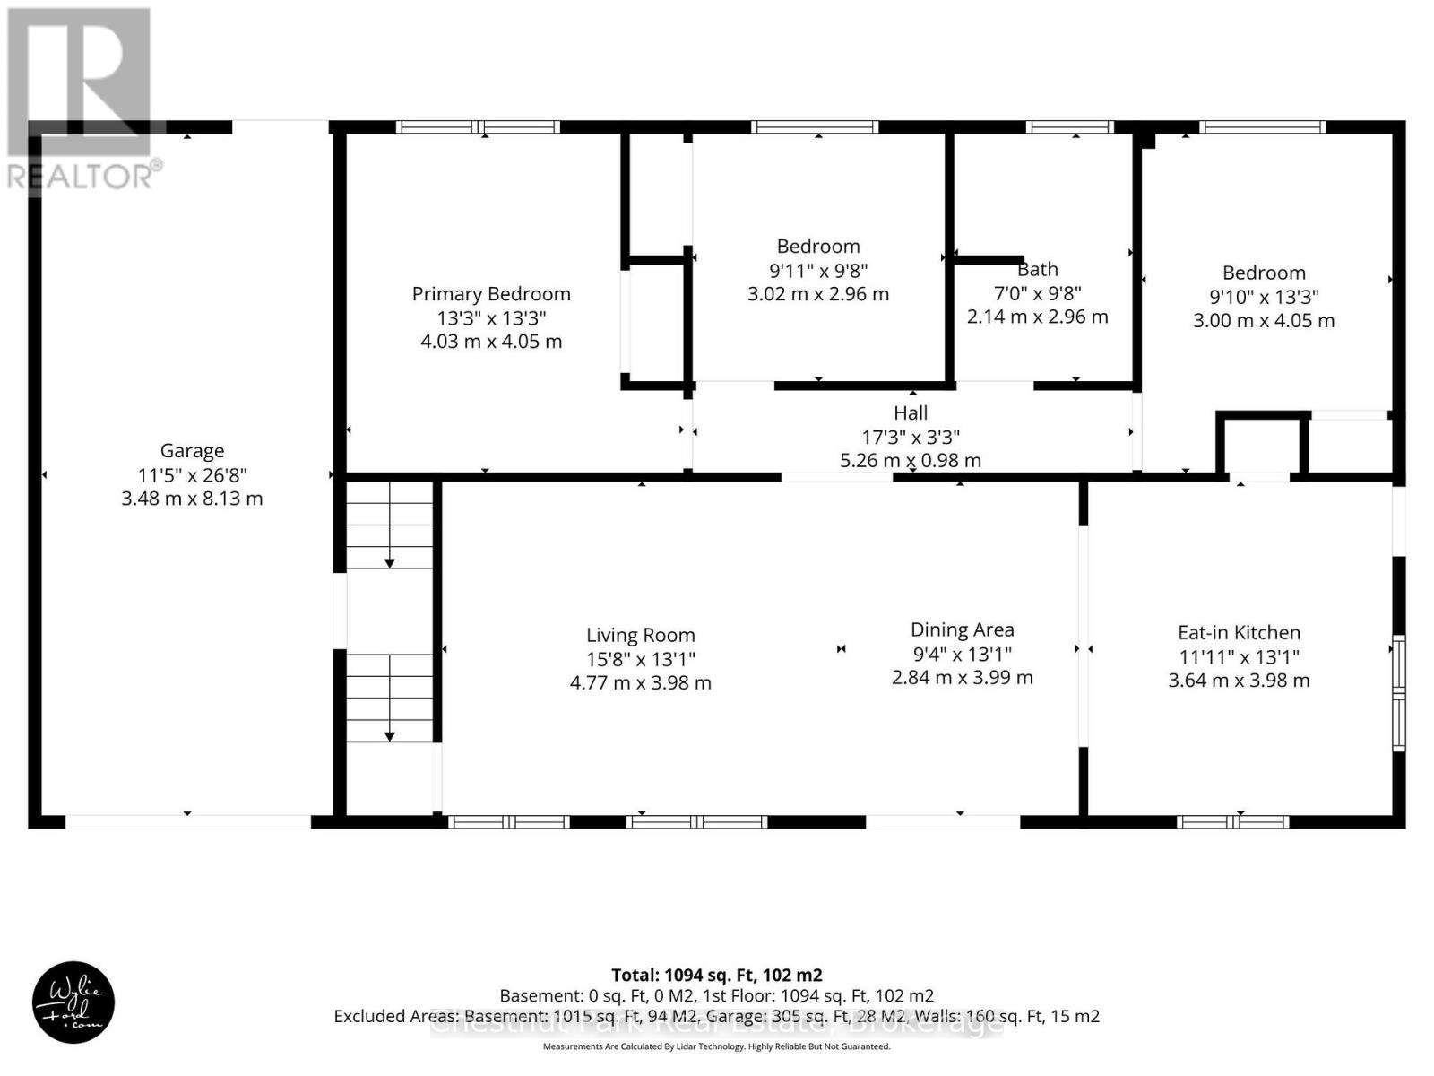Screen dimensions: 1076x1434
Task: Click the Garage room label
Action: coord(192,451)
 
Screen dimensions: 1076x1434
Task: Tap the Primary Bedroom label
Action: coord(491,294)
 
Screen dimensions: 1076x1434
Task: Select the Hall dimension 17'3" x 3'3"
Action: coord(911,437)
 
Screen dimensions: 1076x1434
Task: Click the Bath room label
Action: coord(1037,269)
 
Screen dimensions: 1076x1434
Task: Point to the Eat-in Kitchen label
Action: coord(1239,632)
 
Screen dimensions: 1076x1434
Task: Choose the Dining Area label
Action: coord(962,629)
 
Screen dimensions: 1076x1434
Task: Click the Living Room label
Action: coord(640,635)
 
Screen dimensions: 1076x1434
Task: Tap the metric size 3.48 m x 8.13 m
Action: coord(192,499)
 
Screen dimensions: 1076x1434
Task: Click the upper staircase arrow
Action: coord(390,561)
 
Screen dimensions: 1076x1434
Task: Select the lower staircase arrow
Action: coord(390,734)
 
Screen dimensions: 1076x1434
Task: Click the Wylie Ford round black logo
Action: coord(73,1002)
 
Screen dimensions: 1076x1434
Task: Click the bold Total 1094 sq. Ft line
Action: coord(716,975)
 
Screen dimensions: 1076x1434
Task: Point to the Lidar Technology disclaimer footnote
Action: coord(716,1046)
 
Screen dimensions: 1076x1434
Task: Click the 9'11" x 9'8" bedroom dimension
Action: coord(818,270)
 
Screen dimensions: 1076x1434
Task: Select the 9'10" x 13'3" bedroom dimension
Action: coord(1264,297)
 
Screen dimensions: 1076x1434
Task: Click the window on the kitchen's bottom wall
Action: coord(1233,821)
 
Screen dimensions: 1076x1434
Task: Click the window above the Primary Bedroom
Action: coord(479,127)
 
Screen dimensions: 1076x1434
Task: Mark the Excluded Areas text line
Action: coord(716,1016)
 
